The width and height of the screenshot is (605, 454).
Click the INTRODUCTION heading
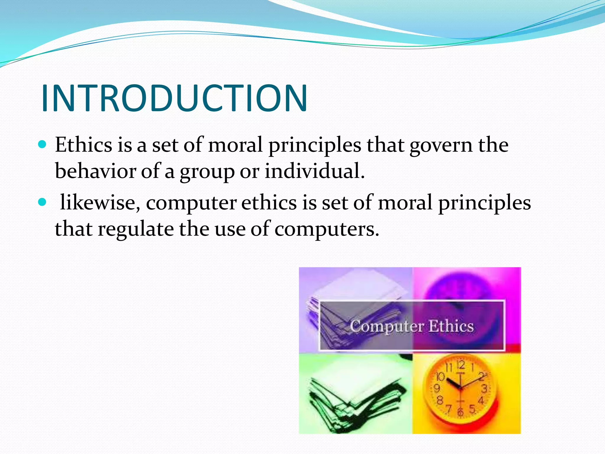click(x=174, y=98)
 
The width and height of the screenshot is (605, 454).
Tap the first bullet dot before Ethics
click(x=43, y=144)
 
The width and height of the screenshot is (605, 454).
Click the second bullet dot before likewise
click(x=43, y=202)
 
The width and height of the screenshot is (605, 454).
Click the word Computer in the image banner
click(x=387, y=326)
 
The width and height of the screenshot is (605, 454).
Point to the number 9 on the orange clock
click(x=437, y=388)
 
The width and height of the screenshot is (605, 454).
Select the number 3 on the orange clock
click(x=484, y=388)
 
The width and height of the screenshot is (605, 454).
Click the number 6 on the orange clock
click(x=460, y=412)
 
